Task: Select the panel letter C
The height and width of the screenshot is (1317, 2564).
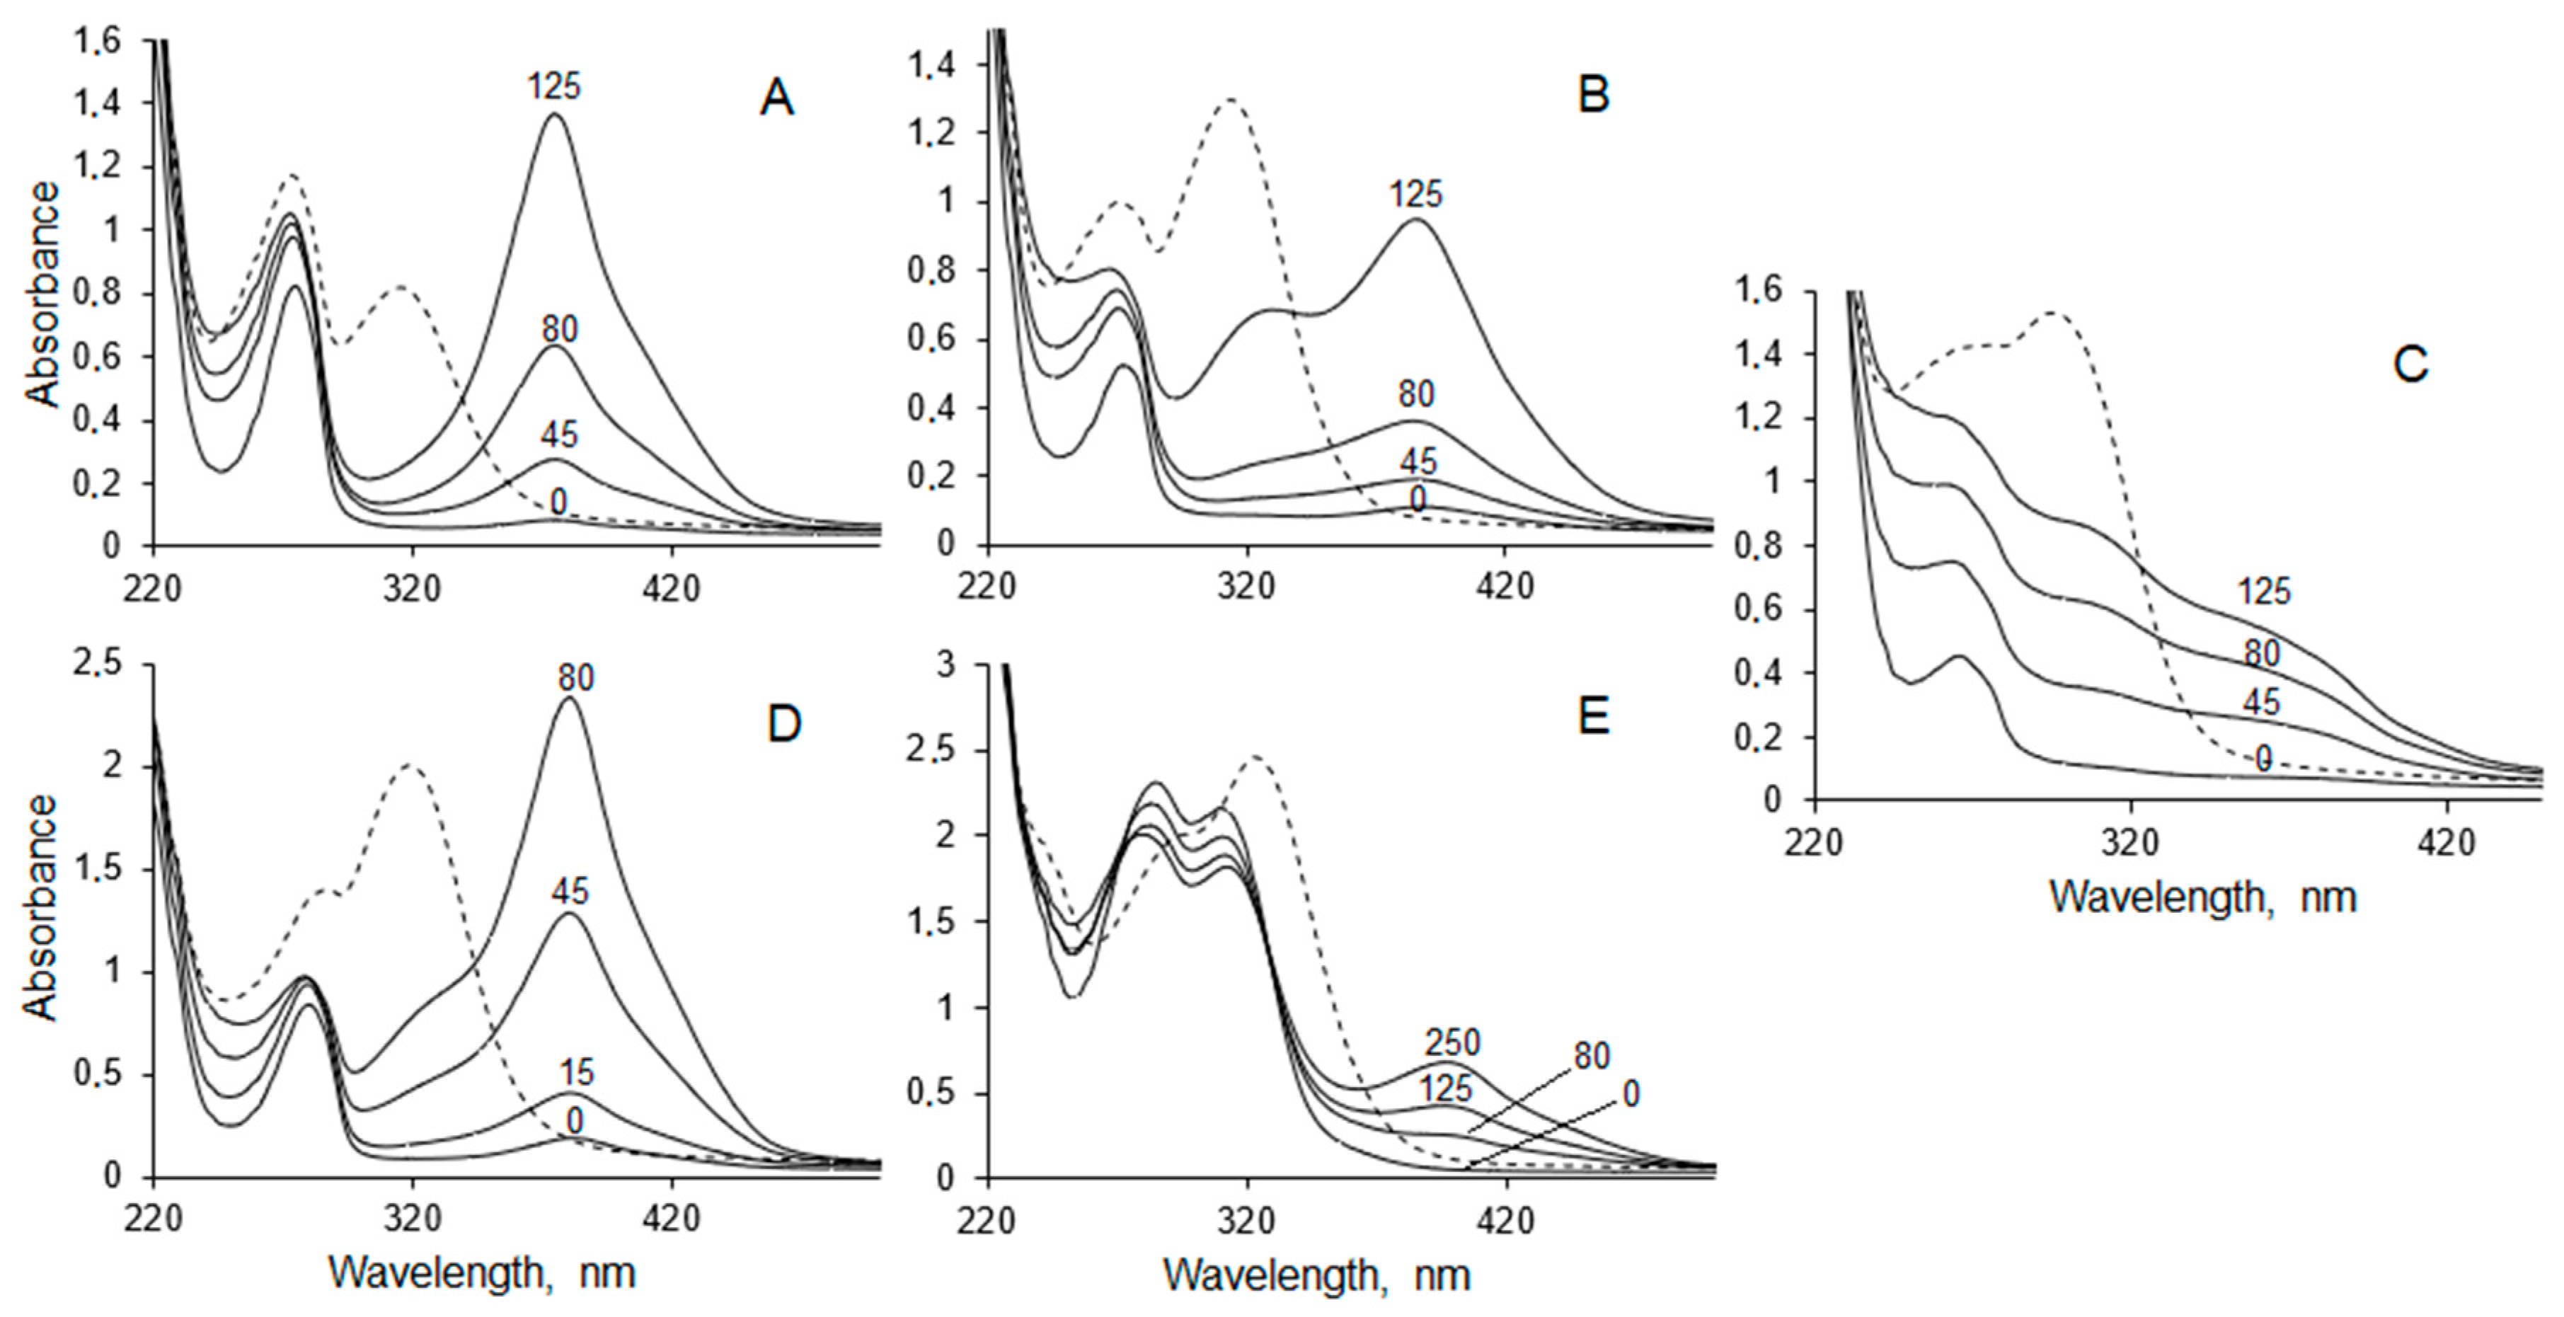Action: [x=2410, y=365]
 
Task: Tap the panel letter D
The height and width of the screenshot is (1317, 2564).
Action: [x=783, y=725]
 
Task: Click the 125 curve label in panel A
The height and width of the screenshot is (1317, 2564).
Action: [x=553, y=88]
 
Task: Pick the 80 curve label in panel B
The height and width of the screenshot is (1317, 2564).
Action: [x=1415, y=394]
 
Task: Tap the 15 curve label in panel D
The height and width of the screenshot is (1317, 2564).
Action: [x=575, y=1072]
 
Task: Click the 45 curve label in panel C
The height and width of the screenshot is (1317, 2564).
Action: [x=2260, y=703]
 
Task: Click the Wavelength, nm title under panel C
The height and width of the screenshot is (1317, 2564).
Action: [x=2202, y=897]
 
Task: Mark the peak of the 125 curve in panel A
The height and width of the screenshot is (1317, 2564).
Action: [x=554, y=115]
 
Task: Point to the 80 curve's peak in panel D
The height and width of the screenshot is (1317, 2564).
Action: [x=569, y=698]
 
